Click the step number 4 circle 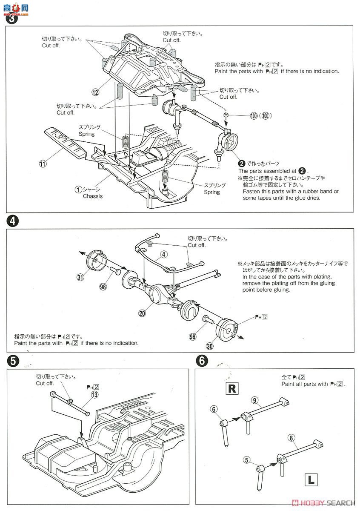click(x=13, y=221)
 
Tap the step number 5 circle click(x=13, y=361)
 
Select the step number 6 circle click(x=202, y=361)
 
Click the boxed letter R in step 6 click(x=232, y=388)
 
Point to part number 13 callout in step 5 click(x=94, y=395)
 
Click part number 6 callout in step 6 click(x=214, y=409)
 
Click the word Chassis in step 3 click(x=93, y=196)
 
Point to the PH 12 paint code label click(x=260, y=317)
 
